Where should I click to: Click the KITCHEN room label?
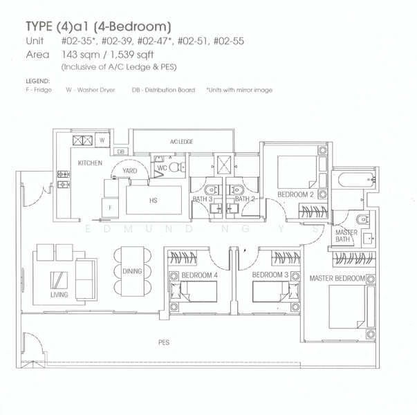(x=90, y=163)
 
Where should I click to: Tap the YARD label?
(x=129, y=171)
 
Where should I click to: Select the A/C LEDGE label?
(x=181, y=142)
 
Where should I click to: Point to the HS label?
(x=153, y=202)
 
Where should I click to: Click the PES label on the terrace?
(x=164, y=342)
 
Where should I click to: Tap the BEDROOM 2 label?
(x=296, y=195)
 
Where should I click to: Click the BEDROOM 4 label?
(x=198, y=275)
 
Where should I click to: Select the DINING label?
(x=132, y=272)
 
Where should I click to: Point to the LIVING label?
(x=59, y=295)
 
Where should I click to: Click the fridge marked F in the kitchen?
(x=109, y=206)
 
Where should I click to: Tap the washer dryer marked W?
(x=102, y=140)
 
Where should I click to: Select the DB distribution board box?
(x=120, y=151)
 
